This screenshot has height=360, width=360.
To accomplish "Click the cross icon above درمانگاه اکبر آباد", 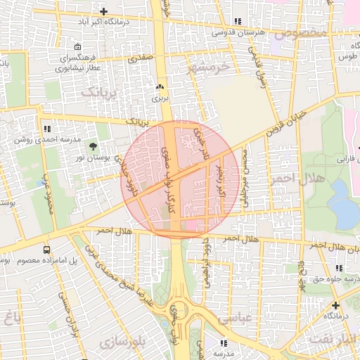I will click(x=103, y=11).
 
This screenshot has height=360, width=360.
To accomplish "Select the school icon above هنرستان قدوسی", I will click(x=240, y=21).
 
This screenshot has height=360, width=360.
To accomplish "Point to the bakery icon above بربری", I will click(x=160, y=88).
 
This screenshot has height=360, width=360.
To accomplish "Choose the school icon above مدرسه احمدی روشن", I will click(x=47, y=129).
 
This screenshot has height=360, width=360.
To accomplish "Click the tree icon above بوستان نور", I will click(x=93, y=146).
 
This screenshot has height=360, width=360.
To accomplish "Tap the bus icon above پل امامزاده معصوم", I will click(x=46, y=250).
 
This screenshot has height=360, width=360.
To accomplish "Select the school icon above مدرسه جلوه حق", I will click(x=340, y=268).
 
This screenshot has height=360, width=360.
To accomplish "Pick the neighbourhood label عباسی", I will click(x=233, y=318).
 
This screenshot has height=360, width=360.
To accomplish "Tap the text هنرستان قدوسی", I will click(x=239, y=32).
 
